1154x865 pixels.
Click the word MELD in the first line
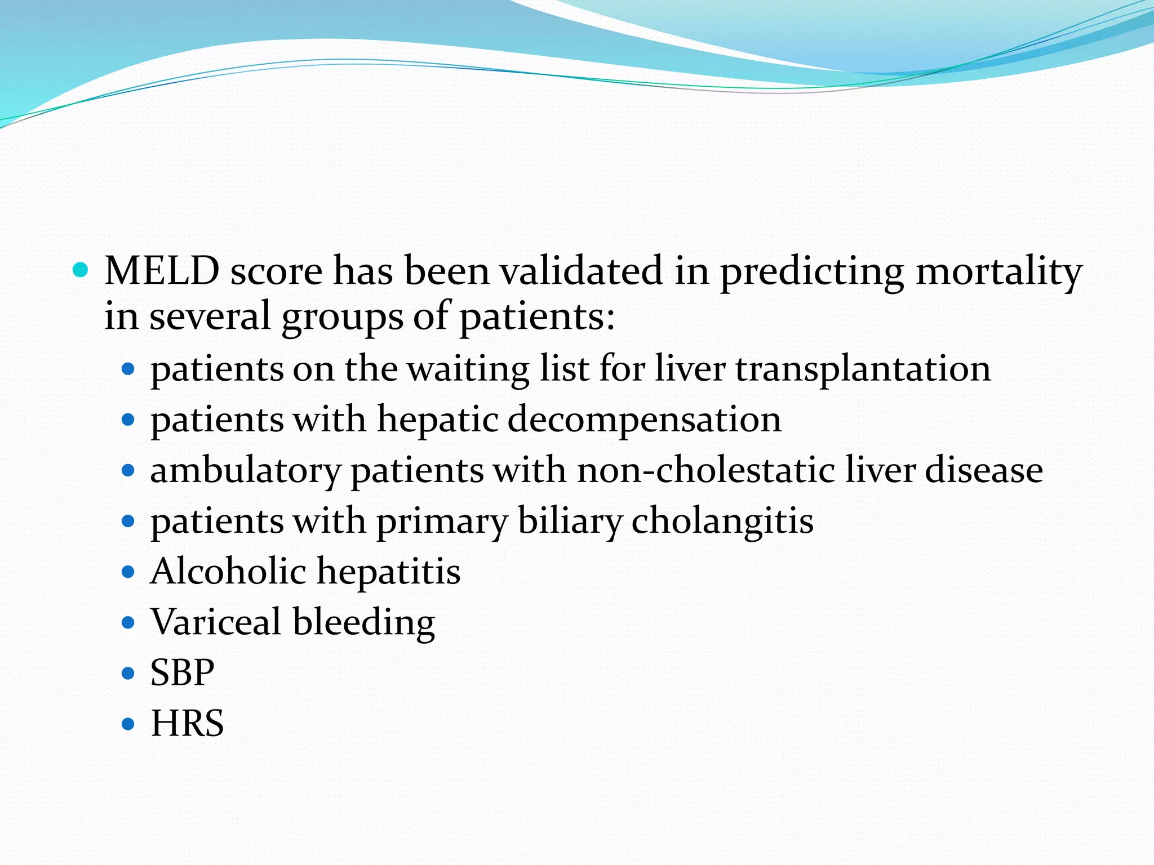(x=162, y=271)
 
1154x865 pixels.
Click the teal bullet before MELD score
(x=81, y=271)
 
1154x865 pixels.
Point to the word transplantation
(x=863, y=369)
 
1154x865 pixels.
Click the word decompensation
(x=644, y=420)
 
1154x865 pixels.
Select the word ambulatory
(x=246, y=471)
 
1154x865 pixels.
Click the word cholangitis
(x=722, y=521)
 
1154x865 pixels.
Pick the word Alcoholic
(x=228, y=571)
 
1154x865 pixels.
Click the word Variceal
(x=216, y=622)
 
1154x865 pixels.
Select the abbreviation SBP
(x=182, y=672)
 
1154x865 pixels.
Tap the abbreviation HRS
(x=187, y=723)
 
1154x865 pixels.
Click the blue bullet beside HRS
(x=128, y=724)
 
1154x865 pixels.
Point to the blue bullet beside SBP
(x=128, y=673)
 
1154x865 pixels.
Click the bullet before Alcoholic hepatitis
(x=128, y=572)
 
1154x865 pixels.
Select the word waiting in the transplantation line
(x=468, y=370)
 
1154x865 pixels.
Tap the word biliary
(x=569, y=521)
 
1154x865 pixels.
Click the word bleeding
(x=363, y=623)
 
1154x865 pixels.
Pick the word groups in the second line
(x=342, y=317)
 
